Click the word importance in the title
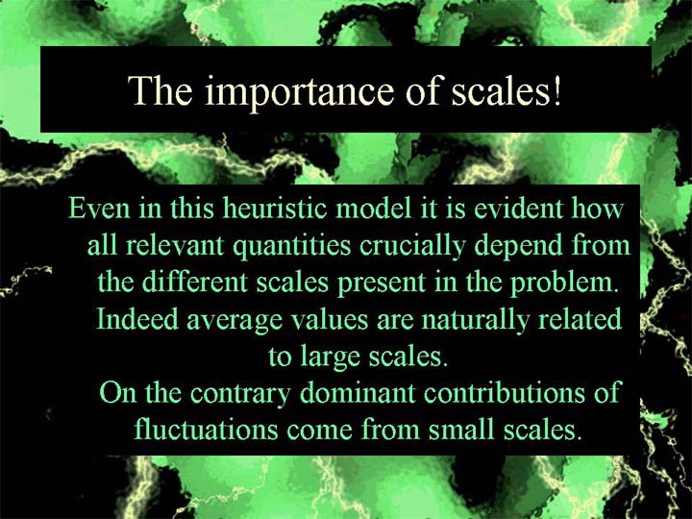click(x=299, y=91)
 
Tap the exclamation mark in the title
click(x=556, y=89)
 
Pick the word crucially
click(x=412, y=246)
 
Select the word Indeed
click(x=137, y=318)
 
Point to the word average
click(x=235, y=320)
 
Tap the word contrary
click(x=240, y=394)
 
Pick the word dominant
click(x=358, y=392)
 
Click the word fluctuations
click(x=206, y=429)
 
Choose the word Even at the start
click(x=99, y=208)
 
